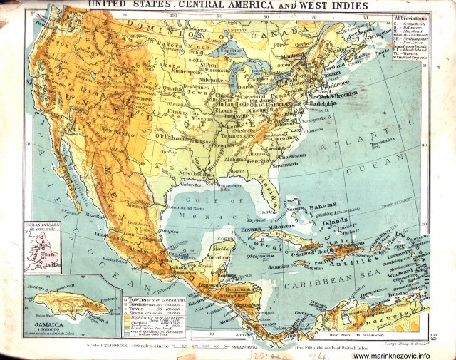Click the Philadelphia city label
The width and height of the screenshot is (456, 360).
point(318,103)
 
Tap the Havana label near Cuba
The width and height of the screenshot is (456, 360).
point(251,230)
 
